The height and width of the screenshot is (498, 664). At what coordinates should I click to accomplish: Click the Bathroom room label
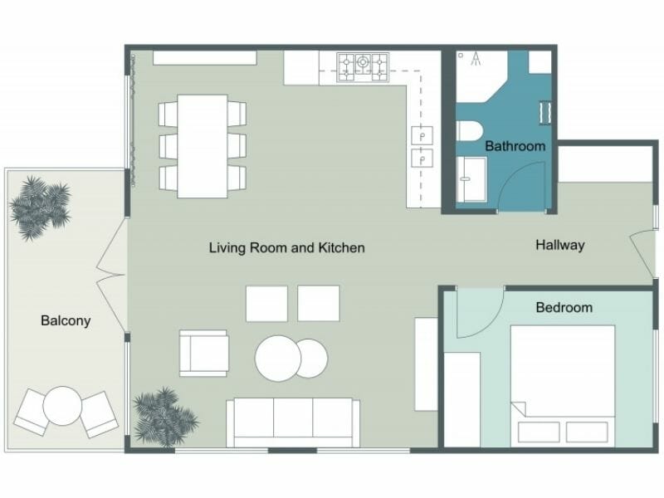coord(515,146)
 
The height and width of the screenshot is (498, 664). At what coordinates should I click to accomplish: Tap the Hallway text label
coord(559,245)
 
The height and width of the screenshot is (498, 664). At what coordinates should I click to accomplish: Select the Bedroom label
coord(564,307)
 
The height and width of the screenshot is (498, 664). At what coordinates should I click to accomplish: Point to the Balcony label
coord(66,320)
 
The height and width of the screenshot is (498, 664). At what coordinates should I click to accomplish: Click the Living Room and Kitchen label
coord(286,247)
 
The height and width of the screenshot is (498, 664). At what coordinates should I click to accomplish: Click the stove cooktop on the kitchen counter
coord(363,63)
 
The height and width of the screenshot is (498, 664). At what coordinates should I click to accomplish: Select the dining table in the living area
coord(203,146)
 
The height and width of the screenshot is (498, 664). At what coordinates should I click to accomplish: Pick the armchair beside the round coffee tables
coord(203,353)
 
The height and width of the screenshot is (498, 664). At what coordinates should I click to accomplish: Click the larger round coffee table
coord(276,358)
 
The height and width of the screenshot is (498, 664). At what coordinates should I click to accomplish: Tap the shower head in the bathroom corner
coord(476,59)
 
